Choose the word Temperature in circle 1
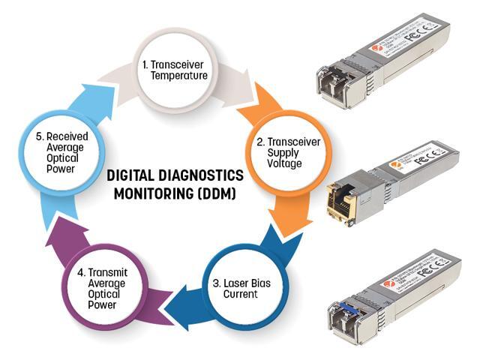point(177,76)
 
